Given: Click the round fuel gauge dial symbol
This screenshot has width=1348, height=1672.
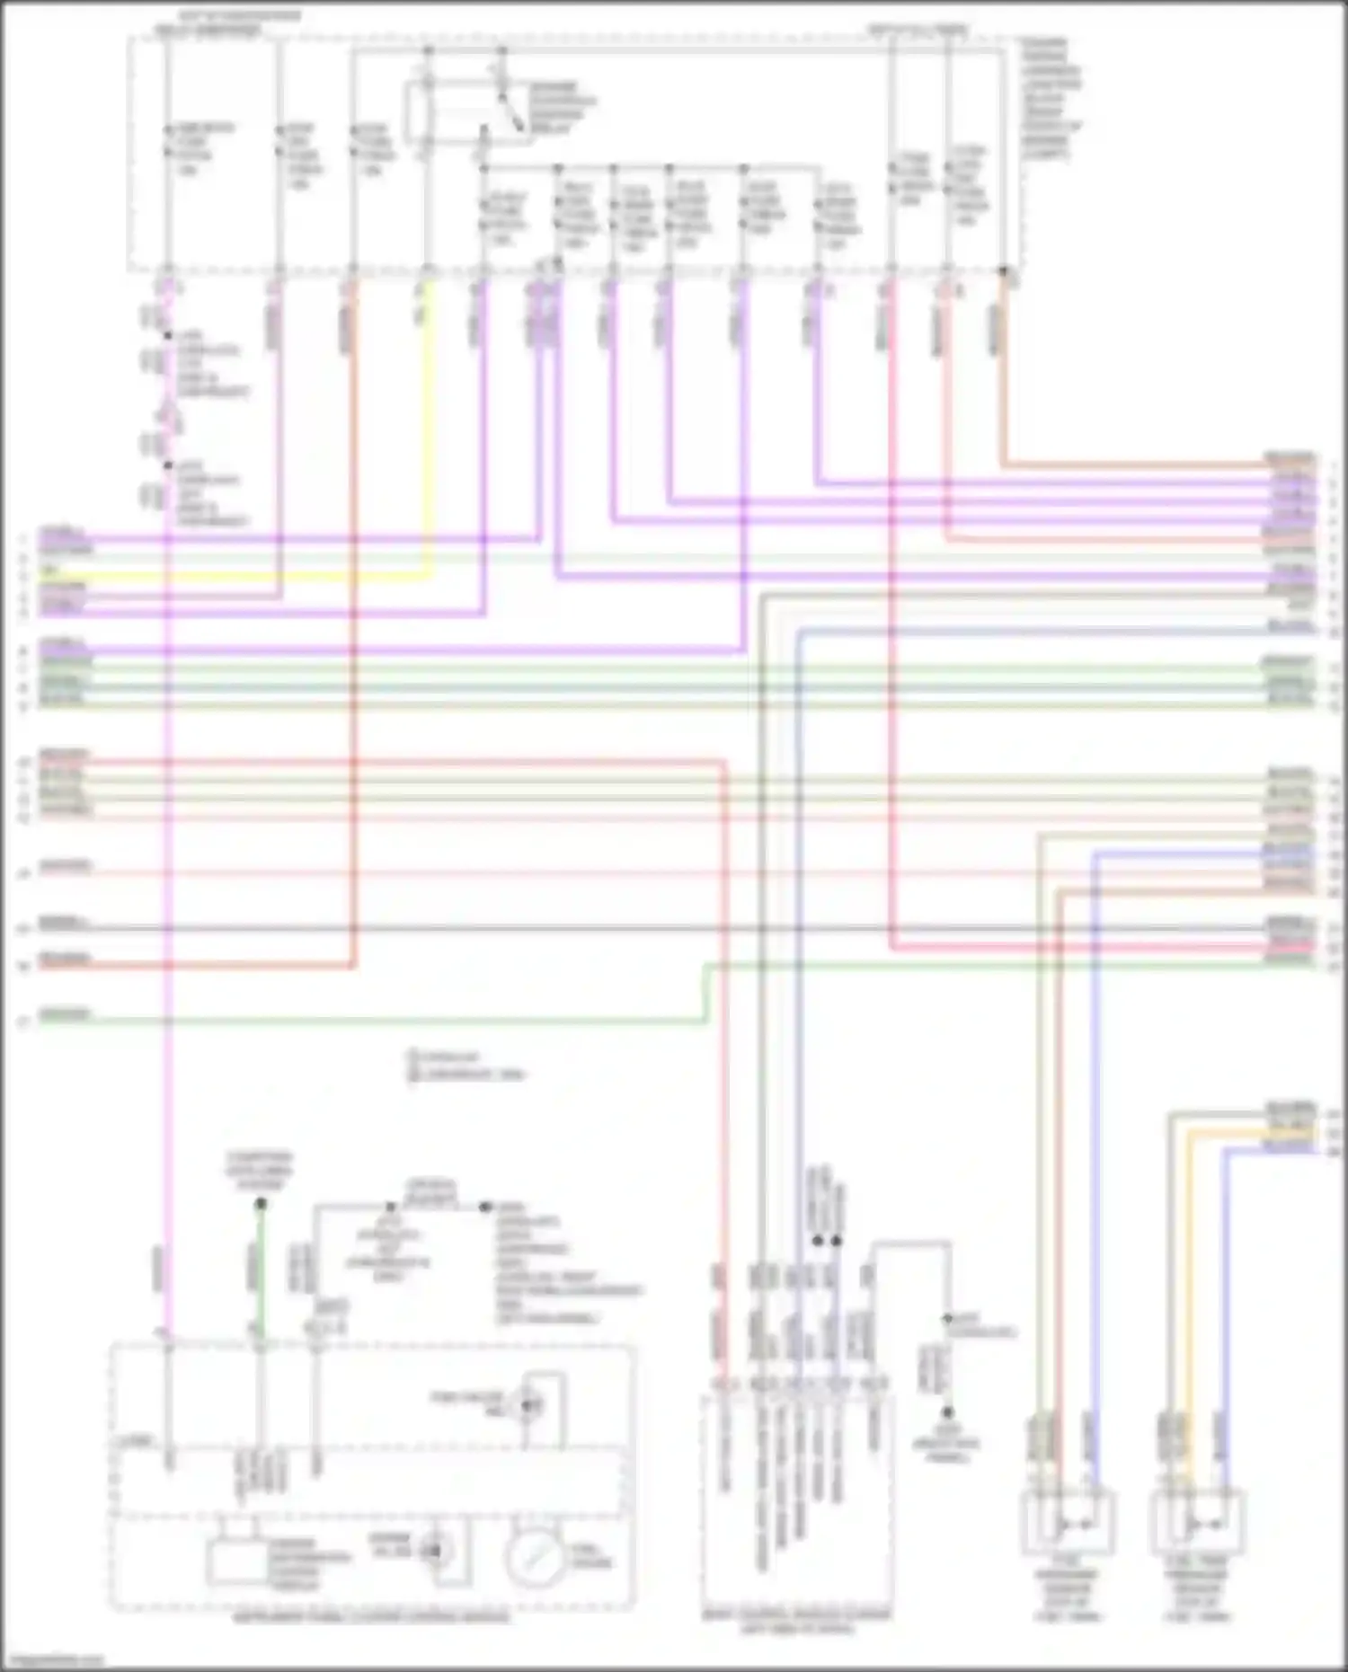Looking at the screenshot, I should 536,1557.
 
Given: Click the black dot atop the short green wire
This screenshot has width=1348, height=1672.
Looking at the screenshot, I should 261,1204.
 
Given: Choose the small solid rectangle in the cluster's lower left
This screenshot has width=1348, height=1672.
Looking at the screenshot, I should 235,1561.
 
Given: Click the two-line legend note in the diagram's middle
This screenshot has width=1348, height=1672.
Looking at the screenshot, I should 466,1066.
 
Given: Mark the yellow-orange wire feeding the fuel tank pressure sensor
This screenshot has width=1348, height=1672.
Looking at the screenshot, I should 1190,1258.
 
